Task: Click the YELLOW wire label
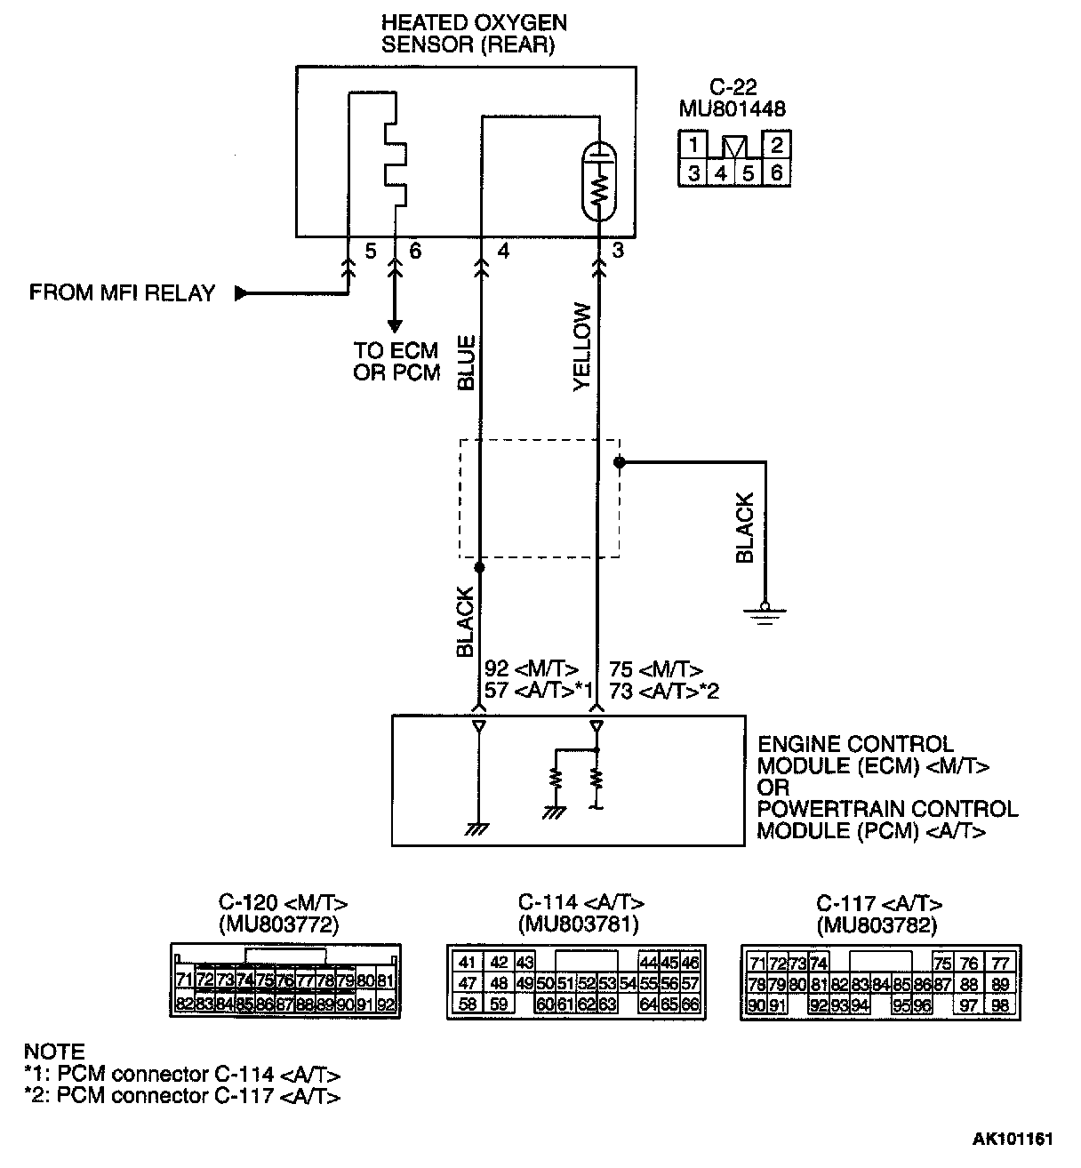click(582, 347)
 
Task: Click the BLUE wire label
click(466, 363)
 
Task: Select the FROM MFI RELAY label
click(122, 293)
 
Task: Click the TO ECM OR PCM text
click(396, 362)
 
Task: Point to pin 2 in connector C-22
click(776, 145)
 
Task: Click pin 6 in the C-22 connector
click(776, 172)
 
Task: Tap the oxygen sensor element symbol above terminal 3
click(599, 183)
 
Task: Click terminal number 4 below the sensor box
click(503, 252)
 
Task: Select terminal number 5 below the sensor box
click(370, 252)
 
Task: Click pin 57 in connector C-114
click(690, 984)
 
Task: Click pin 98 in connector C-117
click(1001, 1005)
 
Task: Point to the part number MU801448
click(732, 108)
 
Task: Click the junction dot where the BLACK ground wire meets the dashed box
click(620, 462)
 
